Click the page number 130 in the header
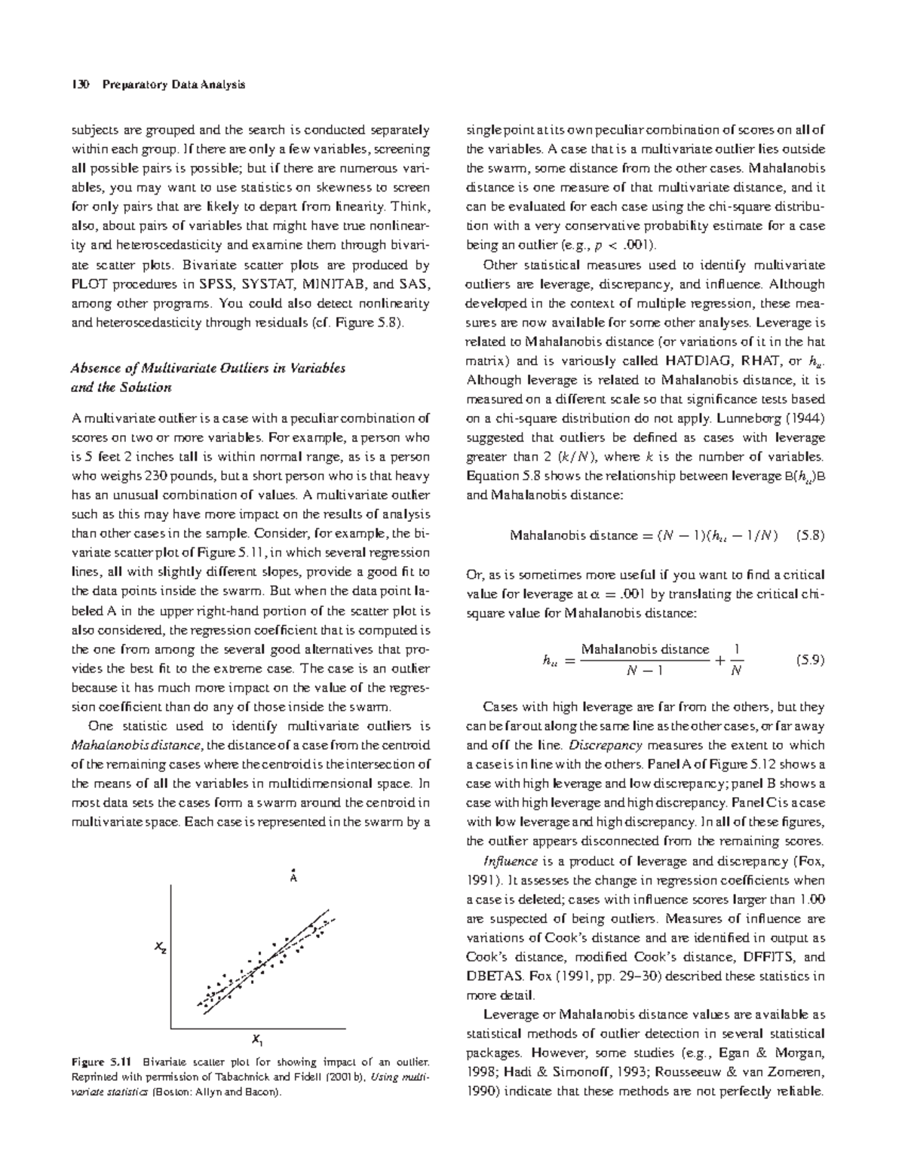80,84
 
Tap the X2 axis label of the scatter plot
161,948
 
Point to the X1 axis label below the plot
257,1041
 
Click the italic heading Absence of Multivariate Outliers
207,368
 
